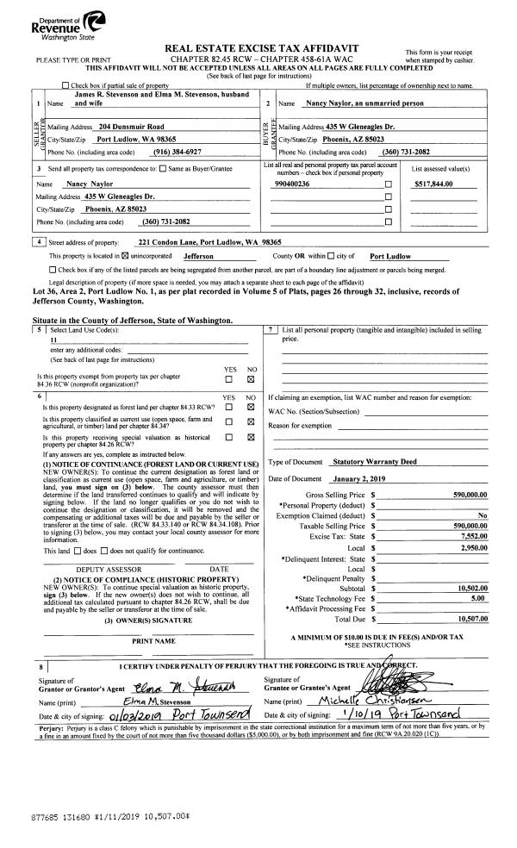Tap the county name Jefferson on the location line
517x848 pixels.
201,257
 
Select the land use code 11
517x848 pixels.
53,340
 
